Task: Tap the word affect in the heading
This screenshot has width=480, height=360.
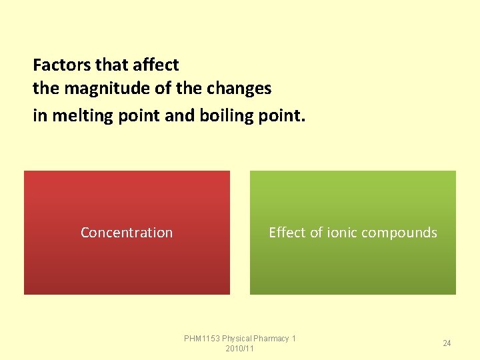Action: [x=155, y=65]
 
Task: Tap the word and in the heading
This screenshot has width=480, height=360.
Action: [x=180, y=116]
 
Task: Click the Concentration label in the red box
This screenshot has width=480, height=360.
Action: [x=127, y=233]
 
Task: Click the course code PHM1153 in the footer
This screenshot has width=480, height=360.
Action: [x=202, y=339]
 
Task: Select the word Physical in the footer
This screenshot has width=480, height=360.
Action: [x=237, y=339]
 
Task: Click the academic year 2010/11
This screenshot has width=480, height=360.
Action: [x=240, y=349]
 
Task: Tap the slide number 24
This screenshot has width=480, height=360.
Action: [x=447, y=343]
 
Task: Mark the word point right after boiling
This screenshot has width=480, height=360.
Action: [x=281, y=116]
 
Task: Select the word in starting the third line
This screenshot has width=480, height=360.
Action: [x=40, y=116]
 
